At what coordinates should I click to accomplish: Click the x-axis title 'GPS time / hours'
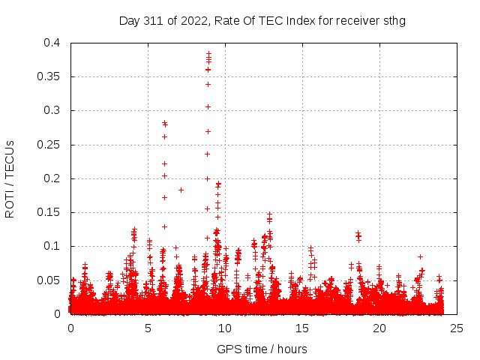tap(262, 349)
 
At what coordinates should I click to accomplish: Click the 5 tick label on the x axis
tap(148, 328)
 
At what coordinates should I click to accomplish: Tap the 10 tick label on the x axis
tap(225, 328)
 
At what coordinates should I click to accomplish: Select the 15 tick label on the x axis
tap(302, 328)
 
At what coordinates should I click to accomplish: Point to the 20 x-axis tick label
tap(379, 328)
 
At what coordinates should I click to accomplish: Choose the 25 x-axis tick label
tap(457, 328)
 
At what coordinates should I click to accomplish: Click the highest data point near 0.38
tap(208, 53)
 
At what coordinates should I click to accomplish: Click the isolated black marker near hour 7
tap(181, 190)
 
